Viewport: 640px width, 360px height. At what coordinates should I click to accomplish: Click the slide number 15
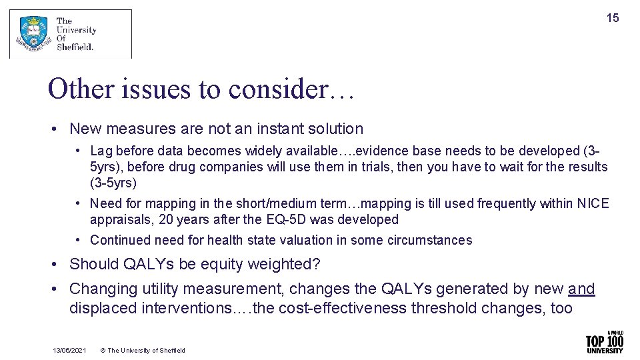click(x=612, y=18)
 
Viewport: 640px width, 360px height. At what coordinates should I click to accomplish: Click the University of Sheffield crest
click(x=33, y=34)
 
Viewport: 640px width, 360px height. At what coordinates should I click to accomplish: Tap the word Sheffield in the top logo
click(x=75, y=47)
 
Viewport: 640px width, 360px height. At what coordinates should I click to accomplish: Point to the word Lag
click(x=101, y=151)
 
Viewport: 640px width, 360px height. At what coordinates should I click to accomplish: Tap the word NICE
click(x=593, y=203)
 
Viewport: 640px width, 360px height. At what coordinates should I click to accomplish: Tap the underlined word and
click(x=581, y=289)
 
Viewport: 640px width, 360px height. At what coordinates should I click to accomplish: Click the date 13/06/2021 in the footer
click(x=69, y=351)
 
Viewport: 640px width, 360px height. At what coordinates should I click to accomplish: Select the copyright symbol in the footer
click(x=103, y=351)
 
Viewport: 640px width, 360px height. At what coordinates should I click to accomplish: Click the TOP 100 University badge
click(x=604, y=342)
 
